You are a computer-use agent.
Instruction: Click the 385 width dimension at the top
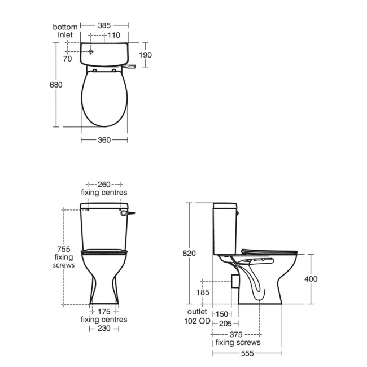coord(104,25)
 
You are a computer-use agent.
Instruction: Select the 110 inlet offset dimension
coord(115,35)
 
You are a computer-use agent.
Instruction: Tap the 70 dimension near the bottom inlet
coord(68,58)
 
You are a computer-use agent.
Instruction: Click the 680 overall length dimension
coord(56,85)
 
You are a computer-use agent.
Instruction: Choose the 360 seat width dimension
coord(104,139)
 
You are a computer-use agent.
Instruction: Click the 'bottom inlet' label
coord(65,30)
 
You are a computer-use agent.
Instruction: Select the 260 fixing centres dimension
coord(104,185)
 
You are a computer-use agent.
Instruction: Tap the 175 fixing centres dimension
coord(104,311)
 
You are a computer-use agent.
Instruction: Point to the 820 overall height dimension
coord(189,254)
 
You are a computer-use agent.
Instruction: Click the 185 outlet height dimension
coord(203,292)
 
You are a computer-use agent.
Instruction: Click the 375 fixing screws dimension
coord(237,334)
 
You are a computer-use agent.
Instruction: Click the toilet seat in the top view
coord(104,99)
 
